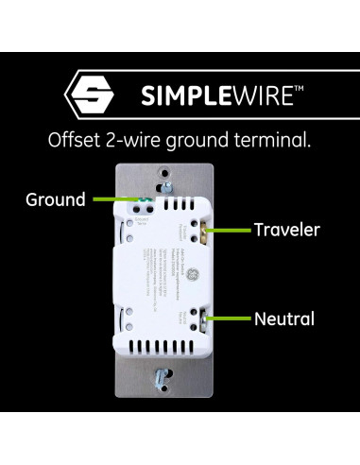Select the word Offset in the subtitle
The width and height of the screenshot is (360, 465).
click(73, 141)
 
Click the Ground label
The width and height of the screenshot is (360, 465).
click(55, 199)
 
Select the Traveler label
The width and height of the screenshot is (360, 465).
click(286, 229)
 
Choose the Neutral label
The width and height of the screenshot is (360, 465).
click(283, 319)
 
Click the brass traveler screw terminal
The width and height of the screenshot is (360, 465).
click(209, 229)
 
